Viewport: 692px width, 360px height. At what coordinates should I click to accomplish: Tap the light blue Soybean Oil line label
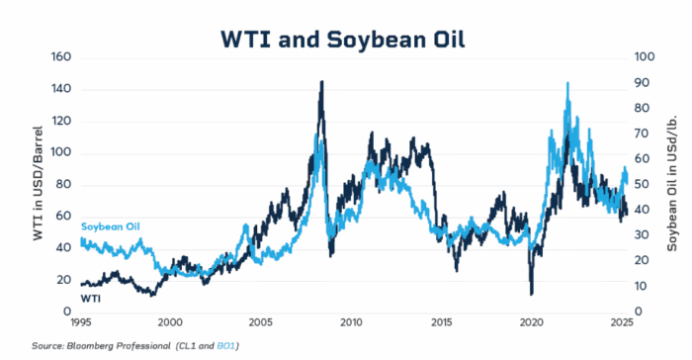tap(110, 226)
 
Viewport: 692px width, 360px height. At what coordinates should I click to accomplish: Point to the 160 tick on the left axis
tap(61, 57)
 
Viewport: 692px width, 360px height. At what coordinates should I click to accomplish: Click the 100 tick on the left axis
tap(61, 153)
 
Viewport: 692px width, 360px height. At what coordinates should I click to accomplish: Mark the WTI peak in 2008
tap(321, 82)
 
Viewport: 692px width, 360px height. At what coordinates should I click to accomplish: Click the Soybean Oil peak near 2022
tap(566, 84)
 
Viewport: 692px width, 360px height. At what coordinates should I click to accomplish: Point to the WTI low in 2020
tap(532, 294)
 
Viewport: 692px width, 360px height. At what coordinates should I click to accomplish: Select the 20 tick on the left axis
tap(64, 280)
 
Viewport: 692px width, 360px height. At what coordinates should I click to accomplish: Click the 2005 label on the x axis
tap(260, 323)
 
